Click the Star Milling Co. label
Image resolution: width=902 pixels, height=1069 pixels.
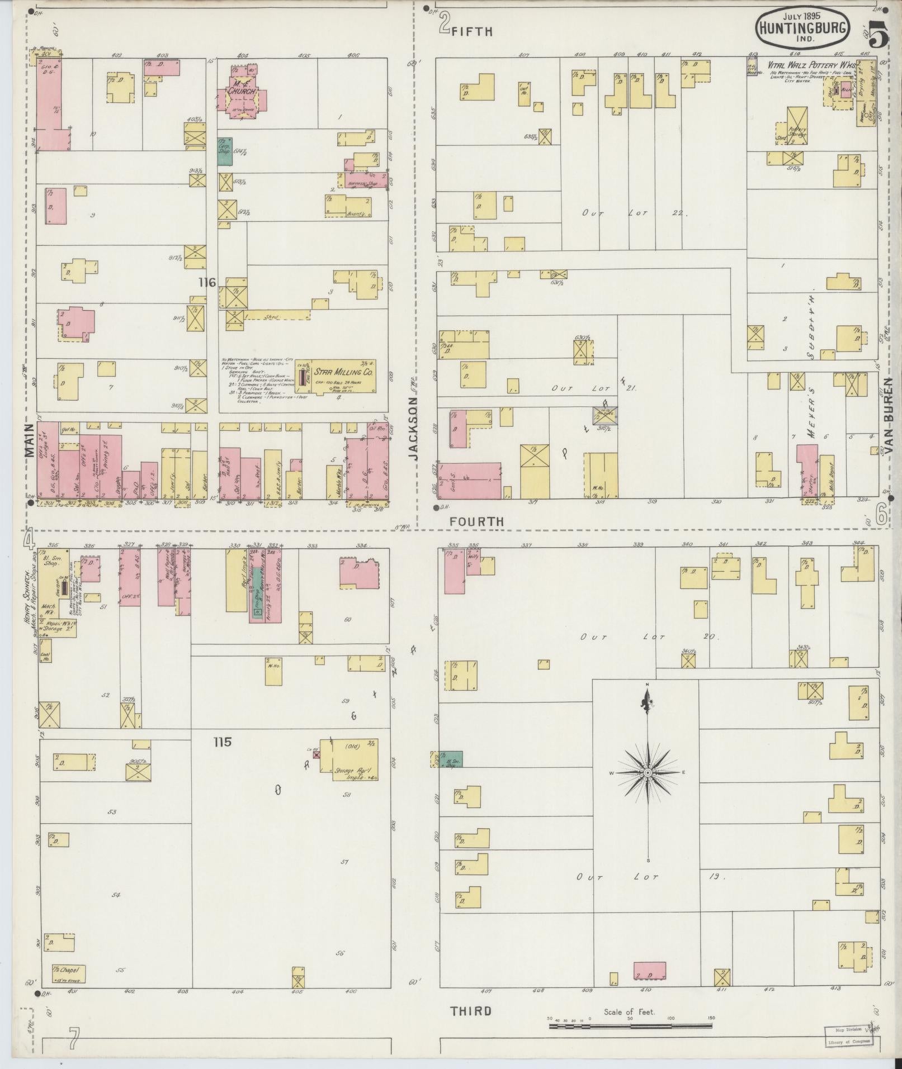(x=343, y=373)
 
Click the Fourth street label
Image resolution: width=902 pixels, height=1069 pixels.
(x=477, y=521)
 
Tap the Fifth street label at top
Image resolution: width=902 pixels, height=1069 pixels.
(x=472, y=32)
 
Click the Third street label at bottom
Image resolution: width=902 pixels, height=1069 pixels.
(x=471, y=1011)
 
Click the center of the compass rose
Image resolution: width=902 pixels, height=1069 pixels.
(x=647, y=772)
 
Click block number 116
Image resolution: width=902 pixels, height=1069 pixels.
(x=206, y=283)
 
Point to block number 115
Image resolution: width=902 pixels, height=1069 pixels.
(x=222, y=742)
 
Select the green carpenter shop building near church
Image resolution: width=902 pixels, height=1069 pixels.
(x=225, y=151)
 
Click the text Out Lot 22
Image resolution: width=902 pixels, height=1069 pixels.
(x=632, y=213)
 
